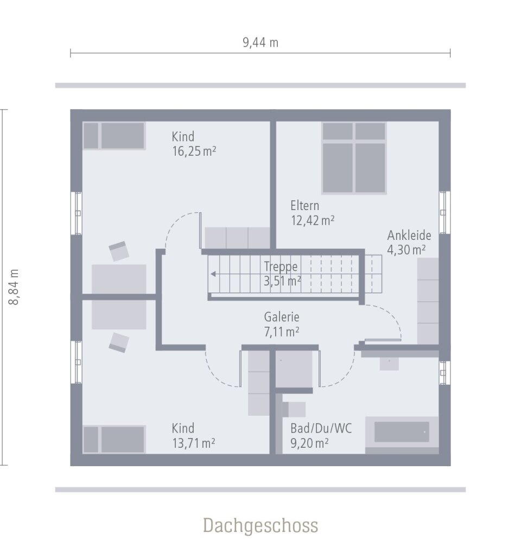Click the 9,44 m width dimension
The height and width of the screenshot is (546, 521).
pyautogui.click(x=260, y=43)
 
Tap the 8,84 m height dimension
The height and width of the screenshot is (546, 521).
pyautogui.click(x=15, y=287)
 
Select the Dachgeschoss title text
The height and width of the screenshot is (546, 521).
pyautogui.click(x=260, y=525)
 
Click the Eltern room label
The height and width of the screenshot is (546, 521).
pyautogui.click(x=304, y=206)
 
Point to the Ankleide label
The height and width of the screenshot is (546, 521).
pyautogui.click(x=409, y=236)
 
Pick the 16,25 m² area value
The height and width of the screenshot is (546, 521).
pyautogui.click(x=194, y=151)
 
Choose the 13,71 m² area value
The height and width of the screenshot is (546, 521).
pyautogui.click(x=194, y=443)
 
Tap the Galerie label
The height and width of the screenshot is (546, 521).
pyautogui.click(x=282, y=318)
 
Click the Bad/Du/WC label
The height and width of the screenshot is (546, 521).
pyautogui.click(x=321, y=429)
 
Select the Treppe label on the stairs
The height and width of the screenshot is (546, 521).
pyautogui.click(x=281, y=266)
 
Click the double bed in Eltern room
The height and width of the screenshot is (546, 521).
pyautogui.click(x=354, y=158)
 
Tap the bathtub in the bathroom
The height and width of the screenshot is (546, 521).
pyautogui.click(x=402, y=433)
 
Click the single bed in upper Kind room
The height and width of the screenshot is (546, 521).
pyautogui.click(x=115, y=136)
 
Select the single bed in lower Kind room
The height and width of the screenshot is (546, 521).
pyautogui.click(x=115, y=439)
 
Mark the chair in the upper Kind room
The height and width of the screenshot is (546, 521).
pyautogui.click(x=119, y=251)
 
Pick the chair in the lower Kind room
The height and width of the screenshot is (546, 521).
pyautogui.click(x=119, y=342)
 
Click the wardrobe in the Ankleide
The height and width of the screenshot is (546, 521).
pyautogui.click(x=428, y=301)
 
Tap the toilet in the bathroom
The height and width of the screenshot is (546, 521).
pyautogui.click(x=294, y=410)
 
